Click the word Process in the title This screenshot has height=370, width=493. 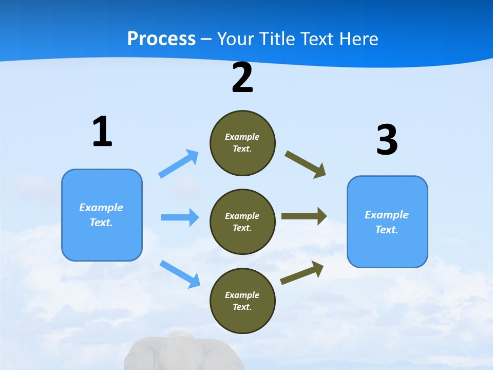(x=161, y=39)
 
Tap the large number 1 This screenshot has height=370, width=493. (x=102, y=132)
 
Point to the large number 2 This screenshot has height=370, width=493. (x=242, y=78)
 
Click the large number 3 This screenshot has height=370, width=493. (x=387, y=140)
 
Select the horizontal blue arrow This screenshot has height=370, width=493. (x=180, y=217)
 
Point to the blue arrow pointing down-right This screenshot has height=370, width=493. (x=180, y=273)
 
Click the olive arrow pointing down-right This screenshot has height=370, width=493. (x=306, y=164)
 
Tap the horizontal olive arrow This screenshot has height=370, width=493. (x=304, y=216)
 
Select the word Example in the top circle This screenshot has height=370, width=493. (x=242, y=137)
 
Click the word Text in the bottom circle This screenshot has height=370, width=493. (x=241, y=307)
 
